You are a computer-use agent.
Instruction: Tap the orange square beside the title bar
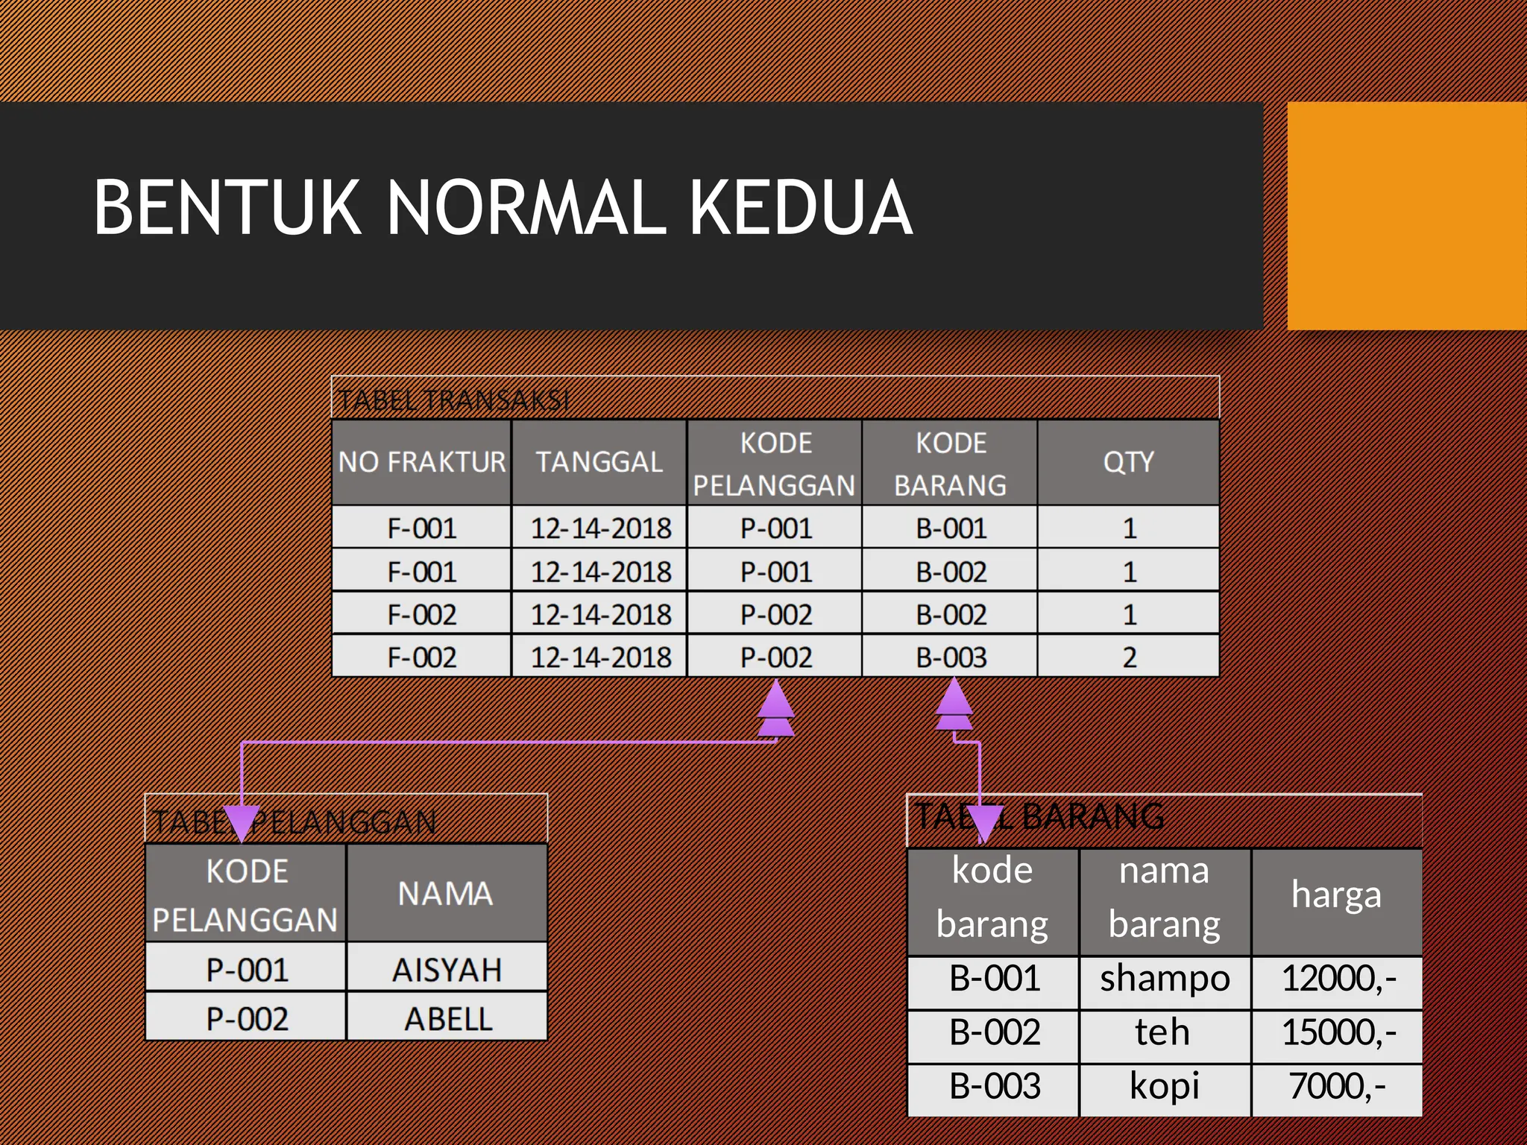point(1406,215)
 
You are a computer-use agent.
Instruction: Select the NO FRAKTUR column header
point(422,462)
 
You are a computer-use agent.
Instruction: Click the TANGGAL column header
point(599,462)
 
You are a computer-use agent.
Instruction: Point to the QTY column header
point(1128,462)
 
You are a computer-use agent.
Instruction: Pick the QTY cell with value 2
point(1129,657)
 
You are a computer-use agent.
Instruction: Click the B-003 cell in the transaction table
point(951,657)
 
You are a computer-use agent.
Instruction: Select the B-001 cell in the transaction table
point(951,528)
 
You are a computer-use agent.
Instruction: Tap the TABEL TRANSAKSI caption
point(454,400)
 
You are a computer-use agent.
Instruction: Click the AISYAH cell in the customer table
point(447,969)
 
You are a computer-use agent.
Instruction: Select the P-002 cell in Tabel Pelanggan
point(247,1018)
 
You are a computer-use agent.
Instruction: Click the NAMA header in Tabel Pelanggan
point(446,894)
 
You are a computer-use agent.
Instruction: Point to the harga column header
point(1336,895)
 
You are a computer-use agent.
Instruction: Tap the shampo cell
point(1165,978)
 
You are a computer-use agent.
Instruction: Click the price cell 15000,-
point(1338,1032)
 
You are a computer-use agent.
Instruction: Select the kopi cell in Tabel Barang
point(1164,1085)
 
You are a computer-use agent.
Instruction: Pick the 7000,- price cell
point(1338,1085)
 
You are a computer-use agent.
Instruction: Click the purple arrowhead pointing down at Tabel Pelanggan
point(241,824)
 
